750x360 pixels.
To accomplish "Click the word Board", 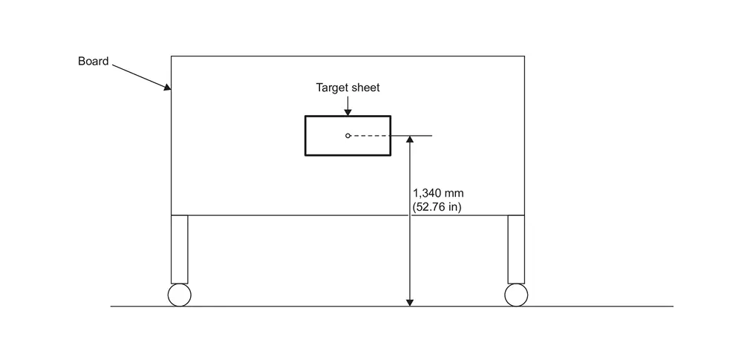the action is point(94,61).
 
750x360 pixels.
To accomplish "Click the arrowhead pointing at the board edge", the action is point(168,87).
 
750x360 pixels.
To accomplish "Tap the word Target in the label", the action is point(331,88).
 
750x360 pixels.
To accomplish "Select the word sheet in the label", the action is point(365,88).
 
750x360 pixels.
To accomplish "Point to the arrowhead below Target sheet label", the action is point(348,112).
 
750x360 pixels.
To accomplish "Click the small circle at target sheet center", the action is point(348,136).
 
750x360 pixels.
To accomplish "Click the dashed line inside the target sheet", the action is point(371,136).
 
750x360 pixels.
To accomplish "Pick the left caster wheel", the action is point(180,295).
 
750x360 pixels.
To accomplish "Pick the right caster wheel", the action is point(516,295).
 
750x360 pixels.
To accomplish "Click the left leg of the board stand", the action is point(180,249).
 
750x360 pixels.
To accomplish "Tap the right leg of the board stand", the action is point(516,249).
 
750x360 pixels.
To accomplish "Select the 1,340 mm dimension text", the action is point(438,194).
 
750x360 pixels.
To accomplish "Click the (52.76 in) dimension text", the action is point(437,208).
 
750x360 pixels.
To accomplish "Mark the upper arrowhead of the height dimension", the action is point(410,140).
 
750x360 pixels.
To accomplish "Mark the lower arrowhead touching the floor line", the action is point(410,302).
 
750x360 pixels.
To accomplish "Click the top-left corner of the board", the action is point(172,56).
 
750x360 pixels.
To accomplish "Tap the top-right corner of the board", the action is point(525,56).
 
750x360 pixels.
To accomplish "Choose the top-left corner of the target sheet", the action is point(306,117).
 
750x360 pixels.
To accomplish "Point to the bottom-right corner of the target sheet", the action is point(391,155).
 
